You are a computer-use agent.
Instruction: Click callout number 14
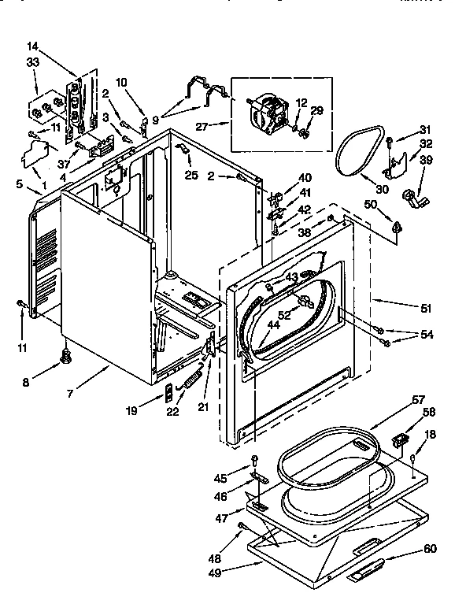coord(32,46)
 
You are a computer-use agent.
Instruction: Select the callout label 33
coord(32,62)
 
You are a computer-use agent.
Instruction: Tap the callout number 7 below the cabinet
coord(70,392)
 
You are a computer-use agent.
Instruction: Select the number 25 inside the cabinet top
coord(191,174)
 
